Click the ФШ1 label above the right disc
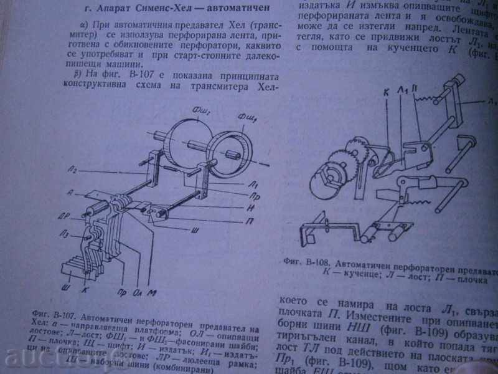click(x=247, y=116)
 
